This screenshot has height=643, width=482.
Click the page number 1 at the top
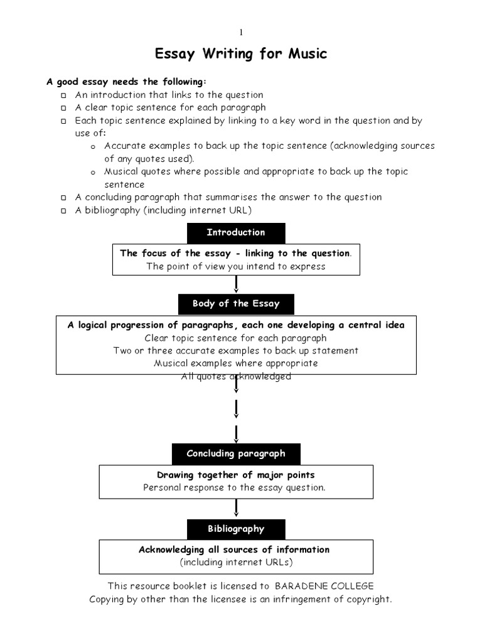pyautogui.click(x=240, y=33)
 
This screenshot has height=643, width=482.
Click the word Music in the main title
pyautogui.click(x=307, y=55)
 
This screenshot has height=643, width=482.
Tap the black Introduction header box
pyautogui.click(x=236, y=232)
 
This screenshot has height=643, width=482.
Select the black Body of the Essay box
pyautogui.click(x=236, y=304)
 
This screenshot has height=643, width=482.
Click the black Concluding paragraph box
pyautogui.click(x=236, y=453)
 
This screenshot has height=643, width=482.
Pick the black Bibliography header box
pyautogui.click(x=236, y=529)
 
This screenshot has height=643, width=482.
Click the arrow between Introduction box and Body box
pyautogui.click(x=236, y=284)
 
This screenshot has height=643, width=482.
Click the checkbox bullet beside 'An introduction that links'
pyautogui.click(x=63, y=95)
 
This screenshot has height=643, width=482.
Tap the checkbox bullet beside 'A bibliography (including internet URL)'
pyautogui.click(x=63, y=211)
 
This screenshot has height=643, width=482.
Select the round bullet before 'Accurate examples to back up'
pyautogui.click(x=93, y=147)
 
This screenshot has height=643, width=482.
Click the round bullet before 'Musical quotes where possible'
pyautogui.click(x=93, y=173)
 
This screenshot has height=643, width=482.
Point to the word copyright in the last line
pyautogui.click(x=367, y=599)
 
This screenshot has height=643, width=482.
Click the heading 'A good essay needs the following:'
pyautogui.click(x=126, y=82)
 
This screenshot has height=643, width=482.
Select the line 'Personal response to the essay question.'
pyautogui.click(x=235, y=488)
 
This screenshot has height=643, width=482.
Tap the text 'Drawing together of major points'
pyautogui.click(x=236, y=475)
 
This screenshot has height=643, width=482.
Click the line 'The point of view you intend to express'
pyautogui.click(x=236, y=266)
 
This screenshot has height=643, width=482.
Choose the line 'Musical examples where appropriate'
pyautogui.click(x=236, y=364)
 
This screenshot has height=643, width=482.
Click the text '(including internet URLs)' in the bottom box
pyautogui.click(x=236, y=563)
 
